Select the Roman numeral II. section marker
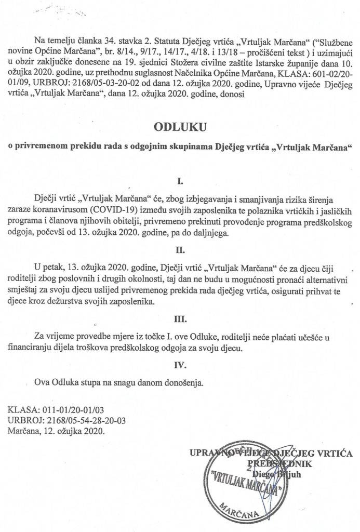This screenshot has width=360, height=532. click(x=180, y=250)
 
